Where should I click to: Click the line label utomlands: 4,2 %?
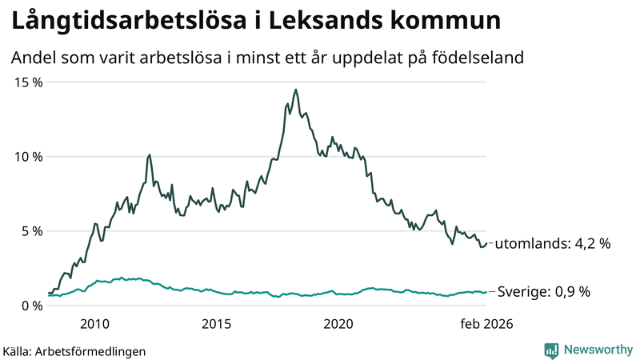(553, 244)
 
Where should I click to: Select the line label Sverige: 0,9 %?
(544, 292)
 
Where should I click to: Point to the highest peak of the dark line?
(295, 90)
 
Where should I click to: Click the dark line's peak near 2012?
(150, 154)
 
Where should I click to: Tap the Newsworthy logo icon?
(551, 350)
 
